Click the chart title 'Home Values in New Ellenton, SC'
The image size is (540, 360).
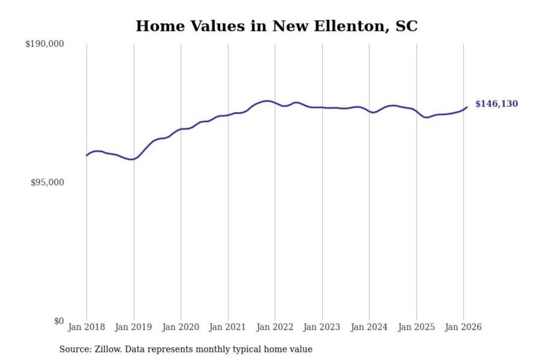click(x=276, y=26)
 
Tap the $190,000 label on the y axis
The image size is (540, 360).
click(x=45, y=44)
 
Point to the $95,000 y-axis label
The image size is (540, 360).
click(x=47, y=183)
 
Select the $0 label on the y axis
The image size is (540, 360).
click(x=59, y=321)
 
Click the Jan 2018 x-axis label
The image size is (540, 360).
click(x=86, y=327)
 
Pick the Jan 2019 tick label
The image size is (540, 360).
click(x=133, y=327)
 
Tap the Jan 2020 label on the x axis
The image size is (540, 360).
click(x=180, y=327)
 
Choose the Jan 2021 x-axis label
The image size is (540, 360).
click(x=227, y=327)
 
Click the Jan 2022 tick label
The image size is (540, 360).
click(x=274, y=327)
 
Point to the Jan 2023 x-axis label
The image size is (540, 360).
click(x=321, y=327)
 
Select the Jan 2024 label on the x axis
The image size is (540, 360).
click(x=369, y=327)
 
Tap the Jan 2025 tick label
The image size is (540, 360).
click(x=416, y=327)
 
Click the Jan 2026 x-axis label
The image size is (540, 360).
click(x=463, y=327)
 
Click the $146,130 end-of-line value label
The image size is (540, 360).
click(x=496, y=104)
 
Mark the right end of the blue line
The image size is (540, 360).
click(x=467, y=107)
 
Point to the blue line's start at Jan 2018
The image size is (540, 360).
click(x=87, y=155)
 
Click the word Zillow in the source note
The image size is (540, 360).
click(x=108, y=349)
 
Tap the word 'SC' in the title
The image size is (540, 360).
click(x=406, y=26)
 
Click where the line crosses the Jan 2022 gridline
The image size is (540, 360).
click(x=275, y=103)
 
